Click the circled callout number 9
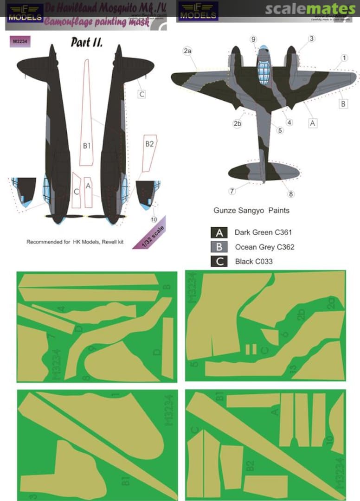253,40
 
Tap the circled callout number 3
312,39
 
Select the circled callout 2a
187,52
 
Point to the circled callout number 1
344,58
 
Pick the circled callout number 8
291,194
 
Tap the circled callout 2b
238,123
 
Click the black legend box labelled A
219,233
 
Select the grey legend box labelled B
219,247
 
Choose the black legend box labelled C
219,261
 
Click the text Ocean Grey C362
264,247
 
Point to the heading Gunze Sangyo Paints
251,210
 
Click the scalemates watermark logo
310,9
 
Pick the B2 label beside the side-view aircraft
149,144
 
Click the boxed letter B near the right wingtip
343,104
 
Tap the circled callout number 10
154,219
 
